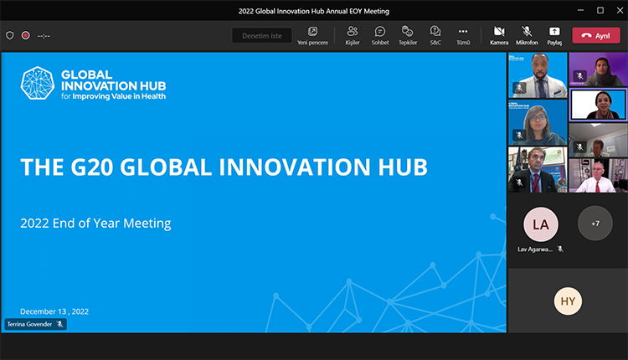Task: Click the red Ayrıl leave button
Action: click(x=595, y=35)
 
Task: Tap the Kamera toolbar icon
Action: click(x=499, y=32)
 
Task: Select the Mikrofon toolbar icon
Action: click(x=527, y=32)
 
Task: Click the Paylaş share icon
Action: click(x=554, y=32)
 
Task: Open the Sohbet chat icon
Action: click(x=380, y=32)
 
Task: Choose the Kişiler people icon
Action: click(x=353, y=32)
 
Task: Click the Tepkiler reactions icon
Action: click(x=408, y=32)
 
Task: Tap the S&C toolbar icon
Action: click(x=435, y=32)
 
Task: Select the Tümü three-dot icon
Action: click(x=463, y=32)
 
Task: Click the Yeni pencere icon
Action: click(x=312, y=32)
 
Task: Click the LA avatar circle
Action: click(x=540, y=224)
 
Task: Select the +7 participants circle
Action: click(x=595, y=224)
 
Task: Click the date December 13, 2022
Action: click(x=54, y=311)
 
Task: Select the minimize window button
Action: click(x=579, y=10)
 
